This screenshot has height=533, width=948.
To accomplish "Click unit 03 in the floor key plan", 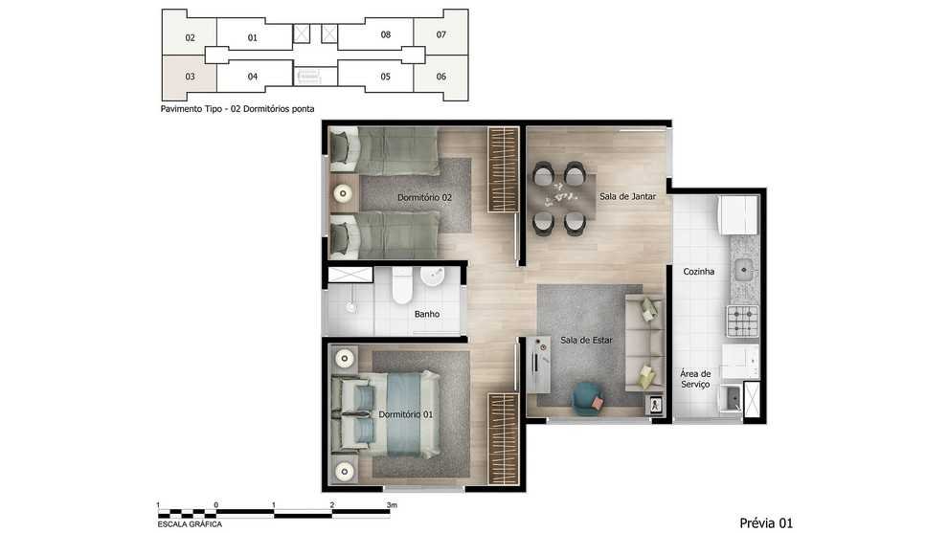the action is [190, 77].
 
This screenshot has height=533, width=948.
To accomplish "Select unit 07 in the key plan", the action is [440, 34].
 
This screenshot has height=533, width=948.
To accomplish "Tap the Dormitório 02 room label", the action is [424, 198].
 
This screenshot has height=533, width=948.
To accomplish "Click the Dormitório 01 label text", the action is [406, 414].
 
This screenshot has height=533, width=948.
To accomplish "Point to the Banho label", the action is [427, 314].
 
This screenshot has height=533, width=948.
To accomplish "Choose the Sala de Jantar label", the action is [627, 196].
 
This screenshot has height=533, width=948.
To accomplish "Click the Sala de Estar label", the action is [586, 341].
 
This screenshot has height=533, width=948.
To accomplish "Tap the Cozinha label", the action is [698, 272].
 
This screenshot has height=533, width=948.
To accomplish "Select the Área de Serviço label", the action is [695, 379].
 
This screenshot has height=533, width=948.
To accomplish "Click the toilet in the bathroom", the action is [401, 284].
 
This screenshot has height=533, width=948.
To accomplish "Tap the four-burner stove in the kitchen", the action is [742, 321].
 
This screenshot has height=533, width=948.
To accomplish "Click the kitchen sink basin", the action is [742, 270].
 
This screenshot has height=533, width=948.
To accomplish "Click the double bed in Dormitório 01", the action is [386, 414].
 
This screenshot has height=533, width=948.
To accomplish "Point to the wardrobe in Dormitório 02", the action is [504, 169].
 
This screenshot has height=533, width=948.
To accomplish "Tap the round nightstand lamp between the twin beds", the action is [344, 194].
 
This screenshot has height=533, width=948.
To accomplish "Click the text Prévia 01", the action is [765, 522].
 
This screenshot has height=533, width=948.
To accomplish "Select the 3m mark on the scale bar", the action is [392, 505].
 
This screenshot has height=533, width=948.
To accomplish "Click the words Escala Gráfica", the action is [190, 524].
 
